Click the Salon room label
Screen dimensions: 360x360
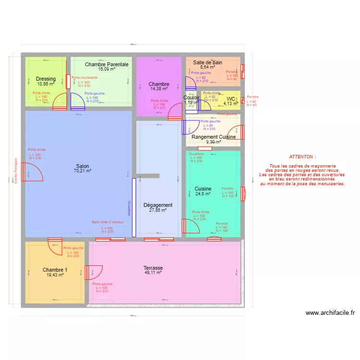(82, 166)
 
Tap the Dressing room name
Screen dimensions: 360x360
(46, 79)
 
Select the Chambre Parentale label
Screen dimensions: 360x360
(107, 64)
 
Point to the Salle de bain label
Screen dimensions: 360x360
(207, 62)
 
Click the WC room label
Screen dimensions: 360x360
(231, 99)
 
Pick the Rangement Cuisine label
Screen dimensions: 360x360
(214, 137)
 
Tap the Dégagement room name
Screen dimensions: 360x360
(157, 205)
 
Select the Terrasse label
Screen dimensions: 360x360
(153, 268)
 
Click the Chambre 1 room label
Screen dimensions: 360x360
(55, 270)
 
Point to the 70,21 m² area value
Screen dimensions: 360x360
(82, 170)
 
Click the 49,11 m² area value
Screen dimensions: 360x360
(153, 272)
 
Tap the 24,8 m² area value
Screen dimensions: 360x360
(203, 194)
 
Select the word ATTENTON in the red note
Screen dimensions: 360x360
(302, 157)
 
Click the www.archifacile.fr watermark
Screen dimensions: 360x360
(330, 313)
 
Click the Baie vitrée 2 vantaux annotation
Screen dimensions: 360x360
(108, 222)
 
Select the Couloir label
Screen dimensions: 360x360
(191, 97)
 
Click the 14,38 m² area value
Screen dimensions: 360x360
(159, 89)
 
